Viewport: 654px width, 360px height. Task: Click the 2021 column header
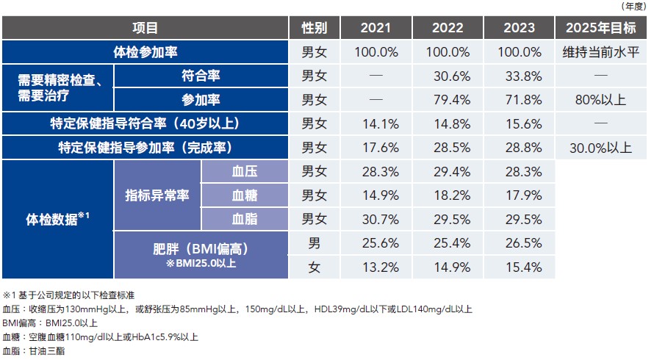[x=376, y=28]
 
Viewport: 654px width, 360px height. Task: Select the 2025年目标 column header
[x=600, y=28]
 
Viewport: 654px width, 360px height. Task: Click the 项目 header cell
[x=145, y=28]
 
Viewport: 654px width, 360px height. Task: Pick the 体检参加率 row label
[x=145, y=52]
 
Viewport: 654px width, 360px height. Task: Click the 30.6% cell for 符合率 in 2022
[x=448, y=76]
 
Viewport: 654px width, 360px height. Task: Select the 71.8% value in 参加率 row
[x=520, y=99]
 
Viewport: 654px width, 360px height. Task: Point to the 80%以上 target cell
[x=600, y=99]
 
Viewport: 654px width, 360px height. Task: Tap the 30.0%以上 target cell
[x=600, y=147]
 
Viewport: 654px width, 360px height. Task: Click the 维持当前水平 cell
[x=600, y=52]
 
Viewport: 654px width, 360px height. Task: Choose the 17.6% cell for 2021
[x=376, y=147]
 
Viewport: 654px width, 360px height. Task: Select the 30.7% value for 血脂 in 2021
[x=376, y=219]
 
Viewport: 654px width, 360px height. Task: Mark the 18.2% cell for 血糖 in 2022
[x=448, y=195]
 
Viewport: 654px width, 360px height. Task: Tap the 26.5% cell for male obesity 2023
[x=520, y=242]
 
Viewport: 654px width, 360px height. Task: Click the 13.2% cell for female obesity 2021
[x=376, y=266]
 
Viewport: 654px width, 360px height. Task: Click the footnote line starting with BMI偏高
[x=51, y=323]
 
